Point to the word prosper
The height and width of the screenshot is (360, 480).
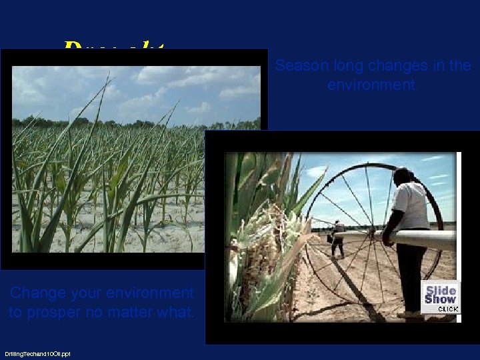59,311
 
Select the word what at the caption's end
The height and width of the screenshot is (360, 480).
179,311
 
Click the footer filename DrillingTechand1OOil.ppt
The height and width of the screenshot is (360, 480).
37,354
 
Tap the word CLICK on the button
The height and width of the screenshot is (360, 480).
447,309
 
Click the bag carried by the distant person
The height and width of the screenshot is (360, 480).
330,238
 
